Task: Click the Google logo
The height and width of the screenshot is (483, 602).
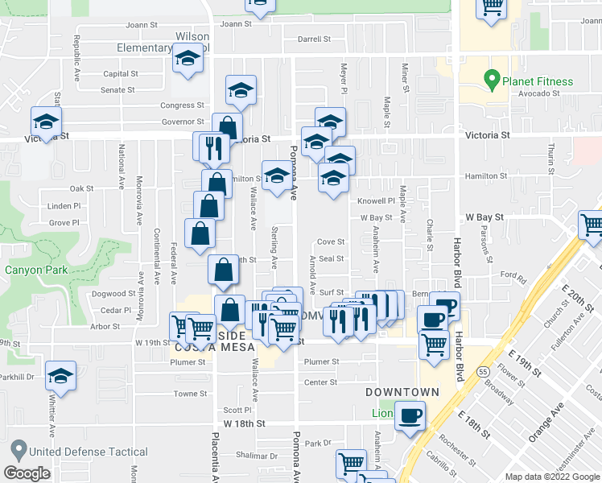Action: [x=27, y=473]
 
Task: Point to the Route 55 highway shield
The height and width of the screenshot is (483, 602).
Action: [x=482, y=372]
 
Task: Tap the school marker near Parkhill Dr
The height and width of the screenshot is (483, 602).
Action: [x=60, y=376]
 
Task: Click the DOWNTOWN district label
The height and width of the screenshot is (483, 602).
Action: [x=402, y=392]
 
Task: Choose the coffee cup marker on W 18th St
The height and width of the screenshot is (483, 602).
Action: [x=410, y=415]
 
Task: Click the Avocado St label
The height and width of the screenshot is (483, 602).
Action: [x=538, y=93]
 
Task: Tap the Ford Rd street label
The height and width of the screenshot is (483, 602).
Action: [x=513, y=275]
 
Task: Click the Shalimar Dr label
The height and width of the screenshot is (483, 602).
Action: [x=261, y=456]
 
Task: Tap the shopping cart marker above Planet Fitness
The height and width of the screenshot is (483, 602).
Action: [x=491, y=8]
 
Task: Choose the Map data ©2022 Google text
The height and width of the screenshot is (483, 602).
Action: [x=553, y=476]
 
